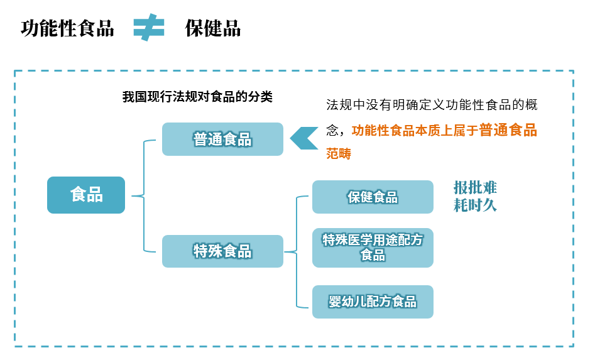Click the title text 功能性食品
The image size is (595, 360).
(x=67, y=28)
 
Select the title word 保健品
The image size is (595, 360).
(x=212, y=28)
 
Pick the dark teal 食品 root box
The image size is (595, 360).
(x=86, y=195)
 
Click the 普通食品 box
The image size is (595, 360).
(x=222, y=139)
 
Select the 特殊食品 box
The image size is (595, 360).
(x=222, y=251)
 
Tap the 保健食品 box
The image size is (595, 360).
(x=373, y=197)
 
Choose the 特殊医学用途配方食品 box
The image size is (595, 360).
(x=373, y=248)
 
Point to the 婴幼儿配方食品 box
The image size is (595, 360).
(x=373, y=302)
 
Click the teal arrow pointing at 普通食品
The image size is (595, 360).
(x=303, y=138)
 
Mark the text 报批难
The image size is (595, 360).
(x=475, y=187)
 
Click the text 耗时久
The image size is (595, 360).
(x=475, y=205)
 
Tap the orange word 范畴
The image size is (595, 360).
(x=339, y=153)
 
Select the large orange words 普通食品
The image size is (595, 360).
(x=508, y=130)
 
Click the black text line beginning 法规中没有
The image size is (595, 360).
(x=432, y=105)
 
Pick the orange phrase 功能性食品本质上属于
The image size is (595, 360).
(x=415, y=131)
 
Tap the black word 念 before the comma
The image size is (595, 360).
(x=332, y=131)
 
